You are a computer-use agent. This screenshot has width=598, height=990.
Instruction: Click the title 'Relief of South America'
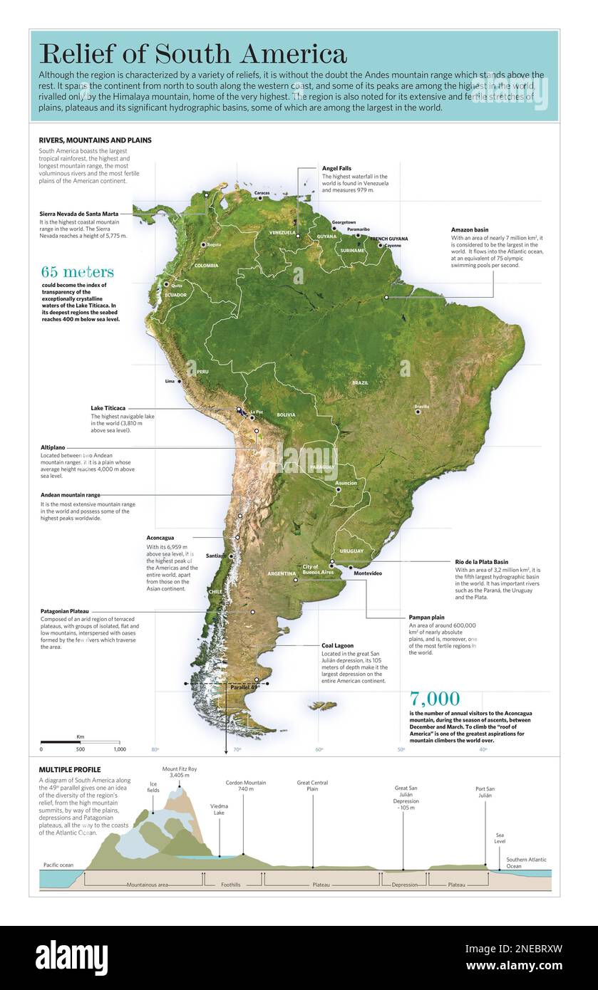click(193, 53)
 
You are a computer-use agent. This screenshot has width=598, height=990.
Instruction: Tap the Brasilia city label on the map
click(423, 407)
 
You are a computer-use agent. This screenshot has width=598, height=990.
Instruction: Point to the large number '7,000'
click(435, 699)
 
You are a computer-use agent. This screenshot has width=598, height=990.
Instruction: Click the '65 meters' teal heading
click(77, 272)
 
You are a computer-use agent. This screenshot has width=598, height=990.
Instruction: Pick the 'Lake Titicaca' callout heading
click(108, 408)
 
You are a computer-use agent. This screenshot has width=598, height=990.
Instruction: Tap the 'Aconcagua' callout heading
click(160, 538)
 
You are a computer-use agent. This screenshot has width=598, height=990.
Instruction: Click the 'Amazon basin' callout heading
click(470, 229)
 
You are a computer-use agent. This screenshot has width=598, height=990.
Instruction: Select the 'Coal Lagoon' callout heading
click(337, 645)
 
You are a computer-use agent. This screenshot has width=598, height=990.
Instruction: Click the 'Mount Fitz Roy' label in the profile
click(180, 769)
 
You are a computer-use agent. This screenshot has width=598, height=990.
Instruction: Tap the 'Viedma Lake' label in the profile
click(219, 809)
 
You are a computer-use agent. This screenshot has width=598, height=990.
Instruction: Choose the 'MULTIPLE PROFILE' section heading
click(70, 770)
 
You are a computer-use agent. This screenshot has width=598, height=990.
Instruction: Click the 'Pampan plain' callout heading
click(427, 617)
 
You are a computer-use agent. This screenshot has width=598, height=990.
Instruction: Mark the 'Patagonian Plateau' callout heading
click(70, 611)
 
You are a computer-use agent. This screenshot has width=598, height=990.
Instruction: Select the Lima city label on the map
click(170, 381)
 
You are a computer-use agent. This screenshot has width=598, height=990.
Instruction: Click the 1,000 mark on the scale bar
click(119, 749)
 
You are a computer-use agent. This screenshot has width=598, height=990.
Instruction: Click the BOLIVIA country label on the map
click(286, 415)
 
